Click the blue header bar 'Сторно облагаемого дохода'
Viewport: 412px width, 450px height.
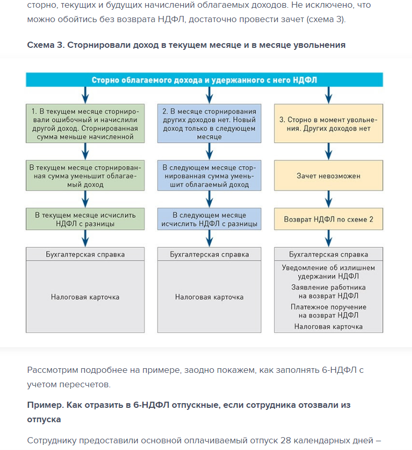[205, 80]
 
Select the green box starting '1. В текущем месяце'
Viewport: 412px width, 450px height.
[85, 123]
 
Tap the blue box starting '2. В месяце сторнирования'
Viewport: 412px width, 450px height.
[209, 123]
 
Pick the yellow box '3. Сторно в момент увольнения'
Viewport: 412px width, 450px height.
[329, 123]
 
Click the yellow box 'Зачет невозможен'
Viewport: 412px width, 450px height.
[329, 176]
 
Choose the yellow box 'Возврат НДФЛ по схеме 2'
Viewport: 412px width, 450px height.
[329, 219]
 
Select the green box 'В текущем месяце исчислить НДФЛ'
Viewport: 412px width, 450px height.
[85, 219]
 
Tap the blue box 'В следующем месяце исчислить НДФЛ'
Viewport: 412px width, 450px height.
[209, 219]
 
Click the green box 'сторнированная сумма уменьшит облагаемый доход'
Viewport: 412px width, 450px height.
[85, 176]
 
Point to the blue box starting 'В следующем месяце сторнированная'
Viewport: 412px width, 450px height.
[209, 176]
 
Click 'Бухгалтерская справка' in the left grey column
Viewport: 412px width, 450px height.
[85, 254]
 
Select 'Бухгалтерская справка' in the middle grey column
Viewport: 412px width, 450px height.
[209, 254]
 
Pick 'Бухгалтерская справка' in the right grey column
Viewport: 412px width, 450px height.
[329, 254]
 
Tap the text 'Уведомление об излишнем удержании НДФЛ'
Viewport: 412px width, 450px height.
[329, 272]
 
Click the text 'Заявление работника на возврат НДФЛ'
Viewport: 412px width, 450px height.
[329, 292]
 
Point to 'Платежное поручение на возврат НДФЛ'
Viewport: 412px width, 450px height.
[329, 311]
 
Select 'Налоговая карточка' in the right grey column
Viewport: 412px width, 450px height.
[329, 327]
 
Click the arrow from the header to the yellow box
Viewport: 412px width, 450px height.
[329, 95]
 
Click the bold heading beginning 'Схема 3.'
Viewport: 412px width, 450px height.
[186, 45]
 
